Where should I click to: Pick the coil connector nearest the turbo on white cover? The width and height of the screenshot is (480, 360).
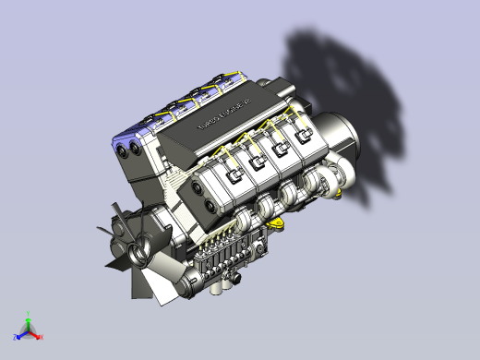point(302,140)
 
